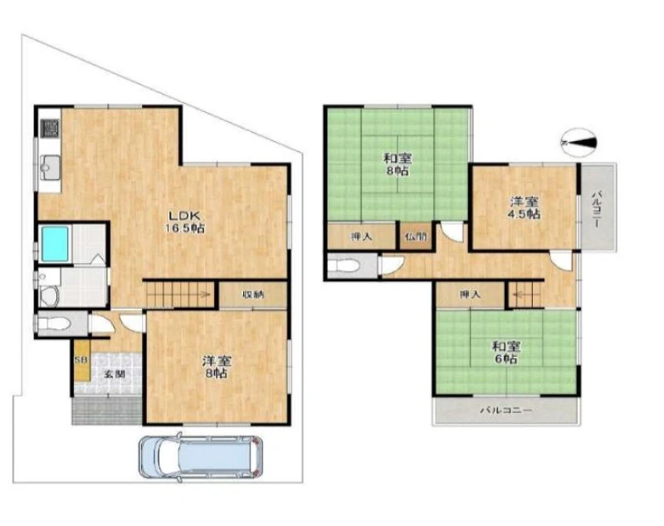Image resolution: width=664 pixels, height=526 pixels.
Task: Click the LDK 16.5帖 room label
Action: (x=185, y=222)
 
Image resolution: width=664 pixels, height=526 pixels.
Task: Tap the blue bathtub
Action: (x=55, y=244)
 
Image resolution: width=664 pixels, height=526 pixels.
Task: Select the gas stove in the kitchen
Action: (x=50, y=128)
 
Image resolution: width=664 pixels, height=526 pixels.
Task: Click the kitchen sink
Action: (x=50, y=166)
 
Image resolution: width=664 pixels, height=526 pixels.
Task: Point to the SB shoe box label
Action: (x=81, y=360)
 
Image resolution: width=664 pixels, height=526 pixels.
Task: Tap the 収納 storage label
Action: (x=253, y=295)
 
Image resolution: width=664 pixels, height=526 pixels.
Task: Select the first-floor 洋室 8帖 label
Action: (x=216, y=368)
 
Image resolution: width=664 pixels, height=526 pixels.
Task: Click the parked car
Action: (x=201, y=458)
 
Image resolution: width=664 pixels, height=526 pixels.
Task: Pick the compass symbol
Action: (x=579, y=141)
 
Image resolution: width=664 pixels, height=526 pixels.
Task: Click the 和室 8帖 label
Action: (x=398, y=165)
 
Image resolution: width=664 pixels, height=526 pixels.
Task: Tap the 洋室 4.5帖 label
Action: (x=524, y=207)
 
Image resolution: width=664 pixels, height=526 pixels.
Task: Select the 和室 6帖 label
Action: (x=505, y=353)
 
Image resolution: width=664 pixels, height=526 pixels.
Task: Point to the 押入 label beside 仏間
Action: (x=361, y=237)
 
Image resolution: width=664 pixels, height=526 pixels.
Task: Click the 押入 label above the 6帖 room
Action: (x=470, y=295)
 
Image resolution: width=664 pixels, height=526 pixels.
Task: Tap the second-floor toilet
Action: (x=345, y=266)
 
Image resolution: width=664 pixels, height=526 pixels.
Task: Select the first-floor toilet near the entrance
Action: (x=52, y=324)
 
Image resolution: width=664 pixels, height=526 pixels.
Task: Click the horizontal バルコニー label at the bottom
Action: (x=505, y=411)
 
